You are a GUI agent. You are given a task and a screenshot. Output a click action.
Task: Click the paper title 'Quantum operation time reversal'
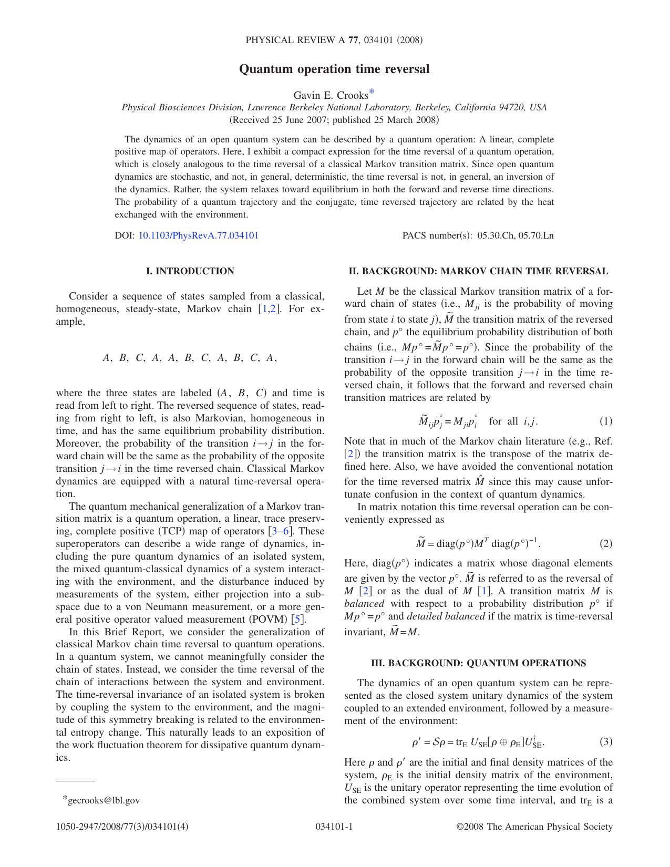coord(334,69)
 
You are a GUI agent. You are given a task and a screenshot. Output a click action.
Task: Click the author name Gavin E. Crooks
coord(331,95)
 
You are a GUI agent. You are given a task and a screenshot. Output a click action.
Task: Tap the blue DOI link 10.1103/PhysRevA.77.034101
coord(198,235)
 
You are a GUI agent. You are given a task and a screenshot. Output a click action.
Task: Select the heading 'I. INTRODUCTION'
coord(190,271)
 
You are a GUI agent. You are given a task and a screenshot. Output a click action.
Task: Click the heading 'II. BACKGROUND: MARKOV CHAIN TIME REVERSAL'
coord(478,271)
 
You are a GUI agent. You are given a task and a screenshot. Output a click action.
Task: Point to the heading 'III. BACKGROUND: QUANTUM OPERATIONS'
coord(478,663)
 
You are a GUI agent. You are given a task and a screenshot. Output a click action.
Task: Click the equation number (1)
coord(605,421)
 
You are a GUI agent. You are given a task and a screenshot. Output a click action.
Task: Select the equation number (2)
coord(605,543)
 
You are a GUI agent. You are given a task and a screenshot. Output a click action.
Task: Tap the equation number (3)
coord(605,741)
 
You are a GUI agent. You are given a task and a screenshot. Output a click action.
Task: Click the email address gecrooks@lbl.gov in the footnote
coord(104,800)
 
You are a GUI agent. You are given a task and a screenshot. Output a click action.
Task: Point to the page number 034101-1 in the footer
coord(334,827)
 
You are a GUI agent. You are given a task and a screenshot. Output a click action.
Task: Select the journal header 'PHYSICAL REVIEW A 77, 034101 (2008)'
coord(334,40)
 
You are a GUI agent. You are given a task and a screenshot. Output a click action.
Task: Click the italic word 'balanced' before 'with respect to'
coord(364,604)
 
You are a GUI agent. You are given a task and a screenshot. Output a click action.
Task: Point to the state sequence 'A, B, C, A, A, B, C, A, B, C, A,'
coord(190,358)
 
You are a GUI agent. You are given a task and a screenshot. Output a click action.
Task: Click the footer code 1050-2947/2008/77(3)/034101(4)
coord(122,827)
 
